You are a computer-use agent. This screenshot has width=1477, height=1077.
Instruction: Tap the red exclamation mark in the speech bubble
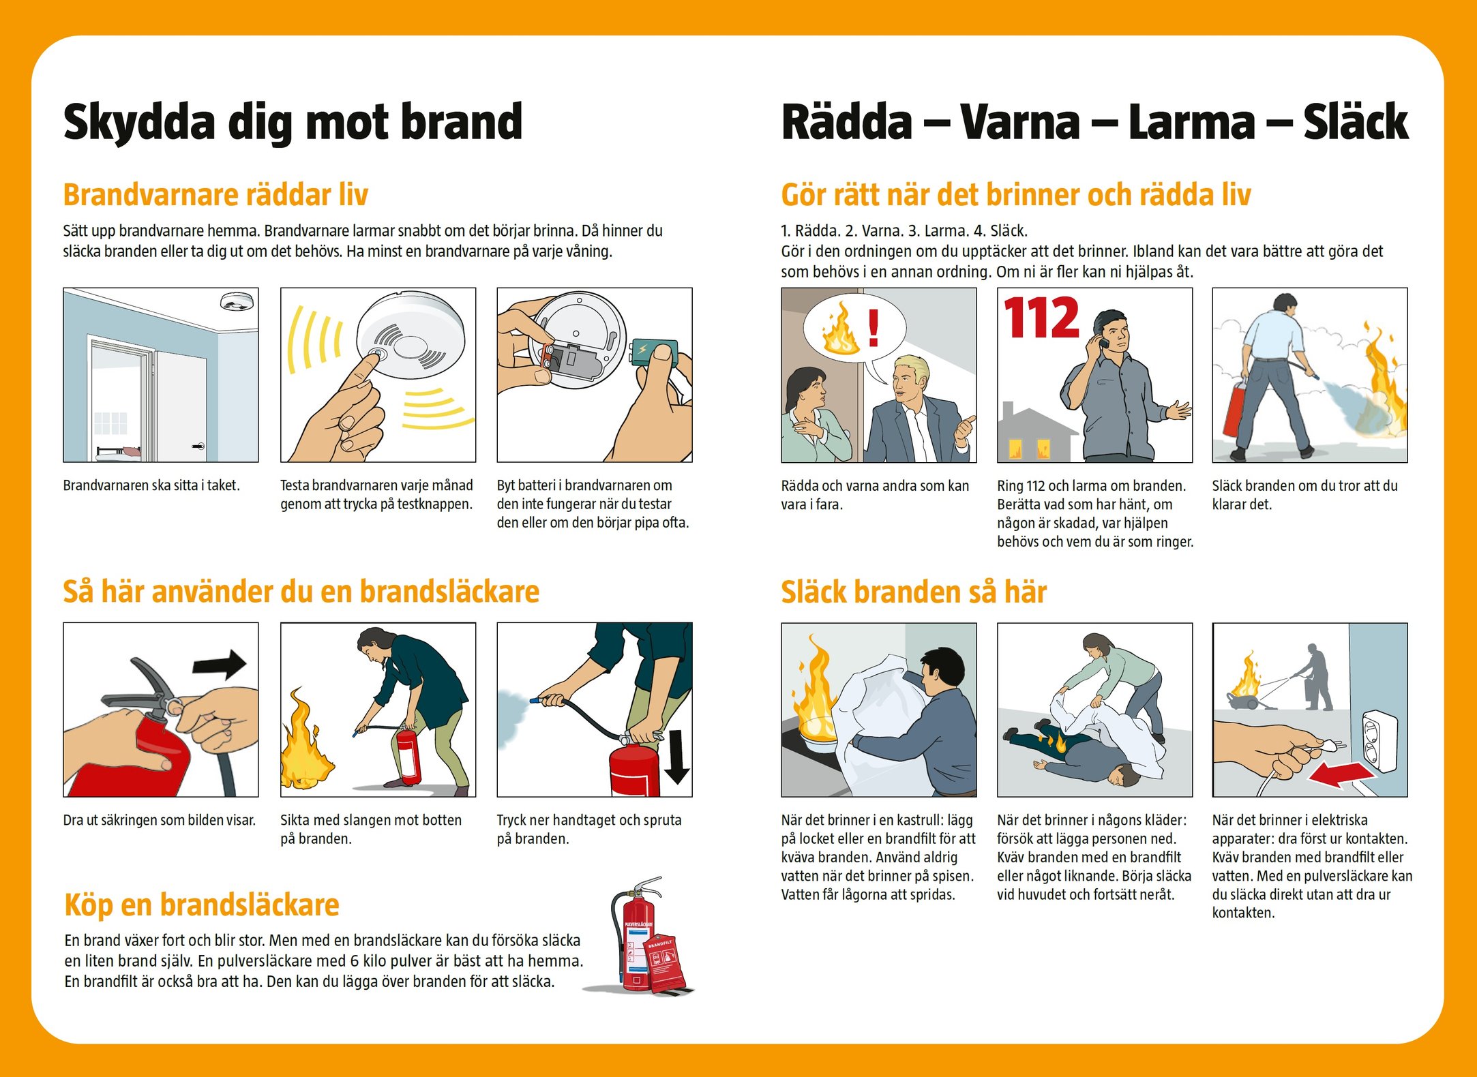874,327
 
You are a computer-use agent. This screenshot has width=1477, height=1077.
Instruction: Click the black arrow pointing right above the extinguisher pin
219,663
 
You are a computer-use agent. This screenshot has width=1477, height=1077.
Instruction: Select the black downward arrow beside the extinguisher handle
677,757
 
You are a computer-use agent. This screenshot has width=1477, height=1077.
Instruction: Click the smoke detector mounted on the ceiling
236,301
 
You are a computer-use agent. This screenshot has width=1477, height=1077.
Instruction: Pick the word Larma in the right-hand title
1191,123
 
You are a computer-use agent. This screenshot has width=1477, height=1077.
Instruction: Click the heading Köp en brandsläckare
202,905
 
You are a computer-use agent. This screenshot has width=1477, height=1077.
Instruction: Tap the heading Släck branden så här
914,592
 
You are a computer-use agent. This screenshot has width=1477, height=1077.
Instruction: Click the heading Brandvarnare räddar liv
215,195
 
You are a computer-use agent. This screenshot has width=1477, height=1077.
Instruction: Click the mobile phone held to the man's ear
1100,341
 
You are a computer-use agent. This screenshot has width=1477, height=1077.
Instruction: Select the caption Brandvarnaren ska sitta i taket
151,485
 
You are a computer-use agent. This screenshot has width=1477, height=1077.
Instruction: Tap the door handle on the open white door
198,446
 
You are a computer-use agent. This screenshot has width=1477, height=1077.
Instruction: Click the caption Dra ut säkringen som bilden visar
160,820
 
